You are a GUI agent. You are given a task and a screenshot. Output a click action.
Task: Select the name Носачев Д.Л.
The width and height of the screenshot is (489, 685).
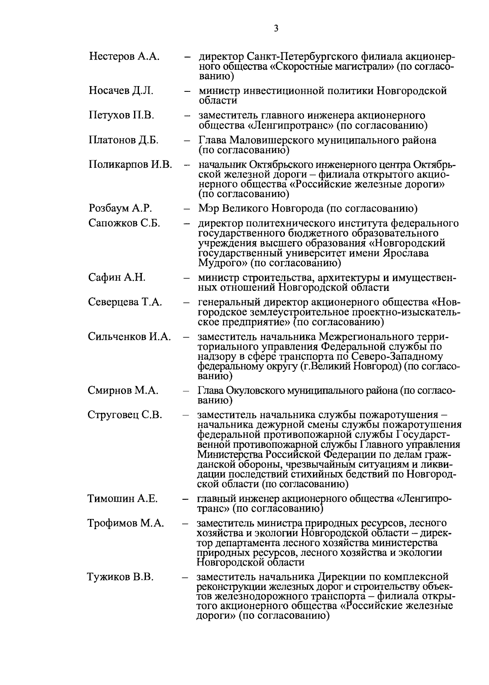(121, 91)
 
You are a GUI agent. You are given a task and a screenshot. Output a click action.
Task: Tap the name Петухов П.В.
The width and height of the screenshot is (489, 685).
(121, 115)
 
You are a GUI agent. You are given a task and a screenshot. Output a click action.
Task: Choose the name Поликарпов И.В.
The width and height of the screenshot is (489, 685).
(130, 165)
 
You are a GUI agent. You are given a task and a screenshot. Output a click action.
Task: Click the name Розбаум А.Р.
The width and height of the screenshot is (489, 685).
(120, 208)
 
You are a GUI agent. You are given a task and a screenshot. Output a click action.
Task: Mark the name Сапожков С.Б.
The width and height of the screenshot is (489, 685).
(124, 223)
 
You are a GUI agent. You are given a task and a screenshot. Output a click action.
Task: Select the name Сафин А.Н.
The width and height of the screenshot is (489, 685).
(117, 278)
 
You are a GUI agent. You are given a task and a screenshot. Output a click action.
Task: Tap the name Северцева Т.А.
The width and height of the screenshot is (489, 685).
(125, 302)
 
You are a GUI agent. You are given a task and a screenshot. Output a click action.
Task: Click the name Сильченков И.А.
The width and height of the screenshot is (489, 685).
(129, 337)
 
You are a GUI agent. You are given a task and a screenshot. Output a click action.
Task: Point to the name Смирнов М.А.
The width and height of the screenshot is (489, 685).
(123, 390)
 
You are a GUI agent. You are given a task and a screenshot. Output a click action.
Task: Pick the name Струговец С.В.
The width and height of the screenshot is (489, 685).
(125, 415)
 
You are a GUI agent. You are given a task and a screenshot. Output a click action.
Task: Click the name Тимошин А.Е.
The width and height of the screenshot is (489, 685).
(122, 499)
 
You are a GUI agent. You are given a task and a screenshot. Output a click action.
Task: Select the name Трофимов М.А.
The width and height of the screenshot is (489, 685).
(126, 523)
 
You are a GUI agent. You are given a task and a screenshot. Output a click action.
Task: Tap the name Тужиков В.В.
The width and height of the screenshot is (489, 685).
(120, 577)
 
